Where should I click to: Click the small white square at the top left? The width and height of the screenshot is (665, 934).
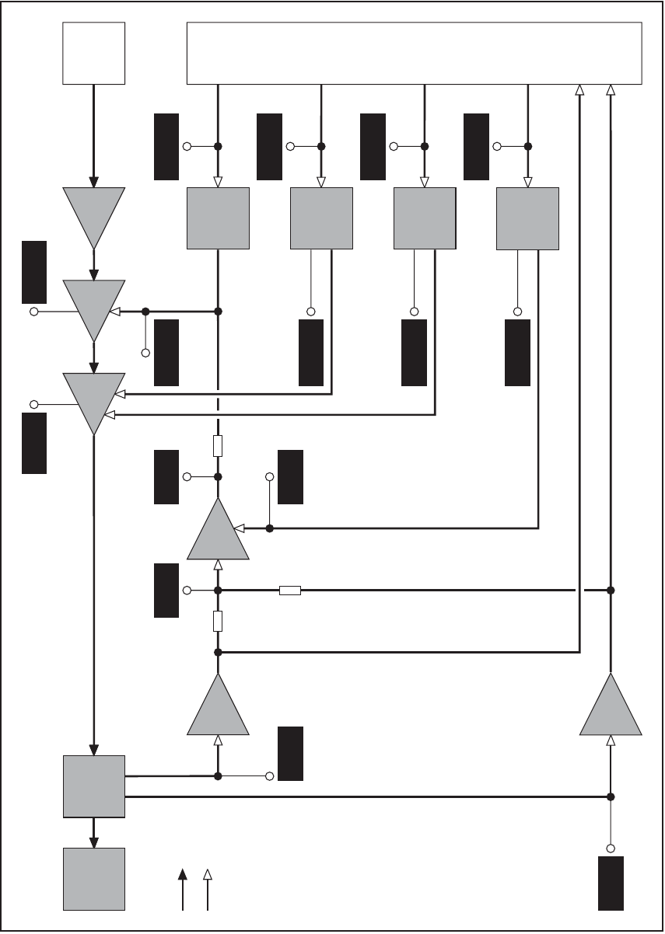coord(93,53)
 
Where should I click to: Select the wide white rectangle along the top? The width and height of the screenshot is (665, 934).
coord(415,53)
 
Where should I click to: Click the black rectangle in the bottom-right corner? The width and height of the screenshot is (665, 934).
coord(611,883)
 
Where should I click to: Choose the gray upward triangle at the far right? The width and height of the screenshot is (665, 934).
coord(611,707)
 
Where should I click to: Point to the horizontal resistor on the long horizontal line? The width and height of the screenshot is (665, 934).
coord(289,591)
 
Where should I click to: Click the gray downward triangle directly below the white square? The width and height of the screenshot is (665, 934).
coord(93,214)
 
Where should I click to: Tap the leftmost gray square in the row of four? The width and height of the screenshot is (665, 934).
coord(218,218)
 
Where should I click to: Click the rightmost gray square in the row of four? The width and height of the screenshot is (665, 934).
coord(527,218)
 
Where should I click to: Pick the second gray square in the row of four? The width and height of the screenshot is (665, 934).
coord(321,218)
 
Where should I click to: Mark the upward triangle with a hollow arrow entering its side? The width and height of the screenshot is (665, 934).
coord(219,530)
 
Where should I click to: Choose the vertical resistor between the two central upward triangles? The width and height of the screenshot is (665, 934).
coord(219,621)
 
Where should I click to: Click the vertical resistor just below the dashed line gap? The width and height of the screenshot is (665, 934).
coord(219,446)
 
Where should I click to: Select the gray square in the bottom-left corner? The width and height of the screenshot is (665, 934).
coord(93,879)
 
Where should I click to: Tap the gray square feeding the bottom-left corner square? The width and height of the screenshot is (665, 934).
coord(93,786)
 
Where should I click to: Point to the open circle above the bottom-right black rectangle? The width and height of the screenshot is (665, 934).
coord(611,848)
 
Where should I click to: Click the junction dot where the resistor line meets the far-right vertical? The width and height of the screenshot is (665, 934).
coord(611,591)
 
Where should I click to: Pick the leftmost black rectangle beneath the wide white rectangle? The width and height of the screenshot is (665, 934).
coord(166,147)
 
